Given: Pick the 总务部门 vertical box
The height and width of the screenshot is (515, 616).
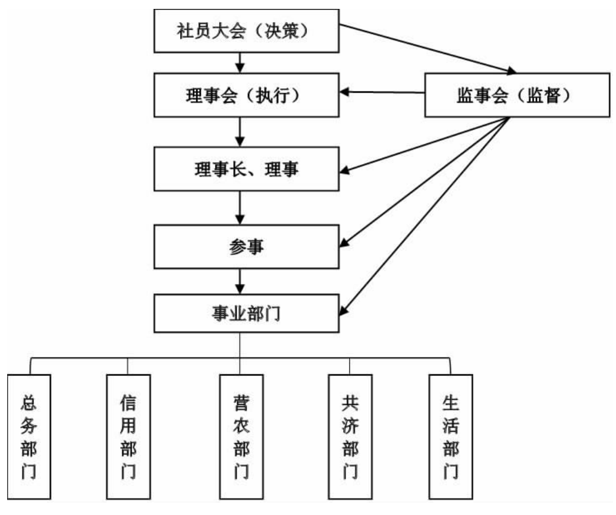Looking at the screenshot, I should (30, 436).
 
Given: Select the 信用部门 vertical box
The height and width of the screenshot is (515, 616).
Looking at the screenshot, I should (128, 436).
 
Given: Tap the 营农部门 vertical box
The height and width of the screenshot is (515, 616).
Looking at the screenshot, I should (240, 436).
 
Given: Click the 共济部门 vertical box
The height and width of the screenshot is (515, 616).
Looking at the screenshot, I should (350, 436).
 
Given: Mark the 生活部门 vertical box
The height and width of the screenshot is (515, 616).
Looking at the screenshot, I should (451, 436).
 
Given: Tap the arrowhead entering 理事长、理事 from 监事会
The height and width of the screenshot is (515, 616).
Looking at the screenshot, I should (345, 169).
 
